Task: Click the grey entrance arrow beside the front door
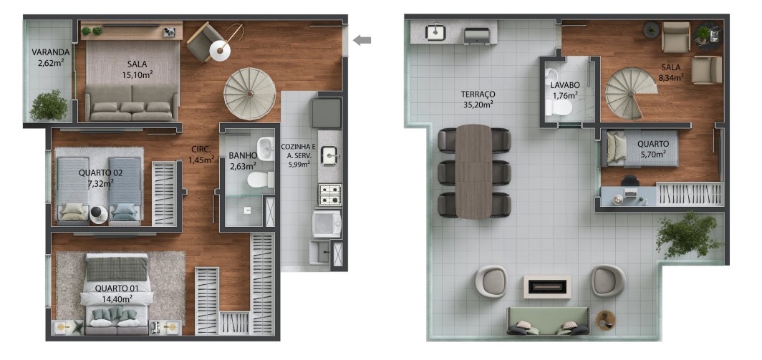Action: (x=362, y=40)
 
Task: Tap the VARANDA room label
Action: (x=51, y=52)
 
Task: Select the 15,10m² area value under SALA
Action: (x=138, y=75)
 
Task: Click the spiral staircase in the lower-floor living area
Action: (x=250, y=94)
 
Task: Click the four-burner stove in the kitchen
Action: (x=330, y=195)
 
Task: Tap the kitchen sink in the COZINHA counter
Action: (x=330, y=155)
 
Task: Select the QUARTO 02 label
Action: (x=100, y=172)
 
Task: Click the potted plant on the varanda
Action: (x=49, y=105)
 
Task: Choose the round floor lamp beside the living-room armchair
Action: (x=220, y=51)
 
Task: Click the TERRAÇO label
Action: (x=478, y=94)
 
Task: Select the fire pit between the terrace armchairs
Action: (x=547, y=287)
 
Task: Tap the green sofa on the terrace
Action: (x=548, y=321)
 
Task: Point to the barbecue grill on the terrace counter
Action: (x=477, y=37)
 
